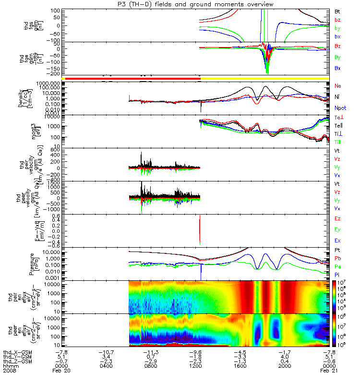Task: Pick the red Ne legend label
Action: tap(337, 85)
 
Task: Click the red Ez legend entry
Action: tap(337, 219)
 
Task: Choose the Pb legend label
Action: tap(337, 258)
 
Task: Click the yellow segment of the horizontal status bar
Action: tap(264, 78)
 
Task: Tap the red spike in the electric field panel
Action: tap(199, 230)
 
